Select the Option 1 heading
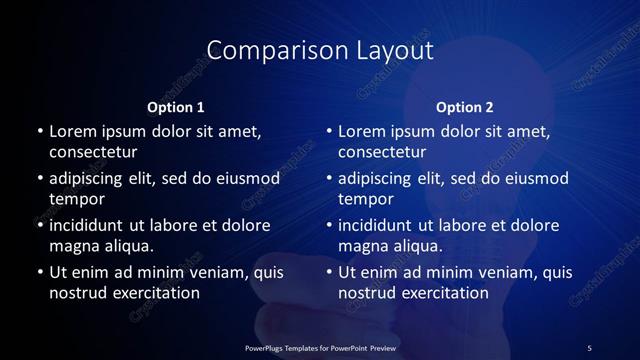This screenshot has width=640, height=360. tap(176, 107)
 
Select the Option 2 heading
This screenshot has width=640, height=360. tap(465, 107)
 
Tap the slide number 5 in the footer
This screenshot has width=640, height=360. tap(589, 347)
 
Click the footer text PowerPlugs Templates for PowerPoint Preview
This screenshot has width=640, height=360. tap(320, 347)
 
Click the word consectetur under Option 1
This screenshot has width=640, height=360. tap(93, 152)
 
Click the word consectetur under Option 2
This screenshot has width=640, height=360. tap(383, 152)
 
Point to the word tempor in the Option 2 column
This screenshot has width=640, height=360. tap(363, 199)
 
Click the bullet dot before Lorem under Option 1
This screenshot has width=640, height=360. tap(39, 131)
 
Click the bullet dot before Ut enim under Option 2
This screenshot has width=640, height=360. tap(329, 272)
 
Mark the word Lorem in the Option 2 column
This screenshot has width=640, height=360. tap(361, 131)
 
